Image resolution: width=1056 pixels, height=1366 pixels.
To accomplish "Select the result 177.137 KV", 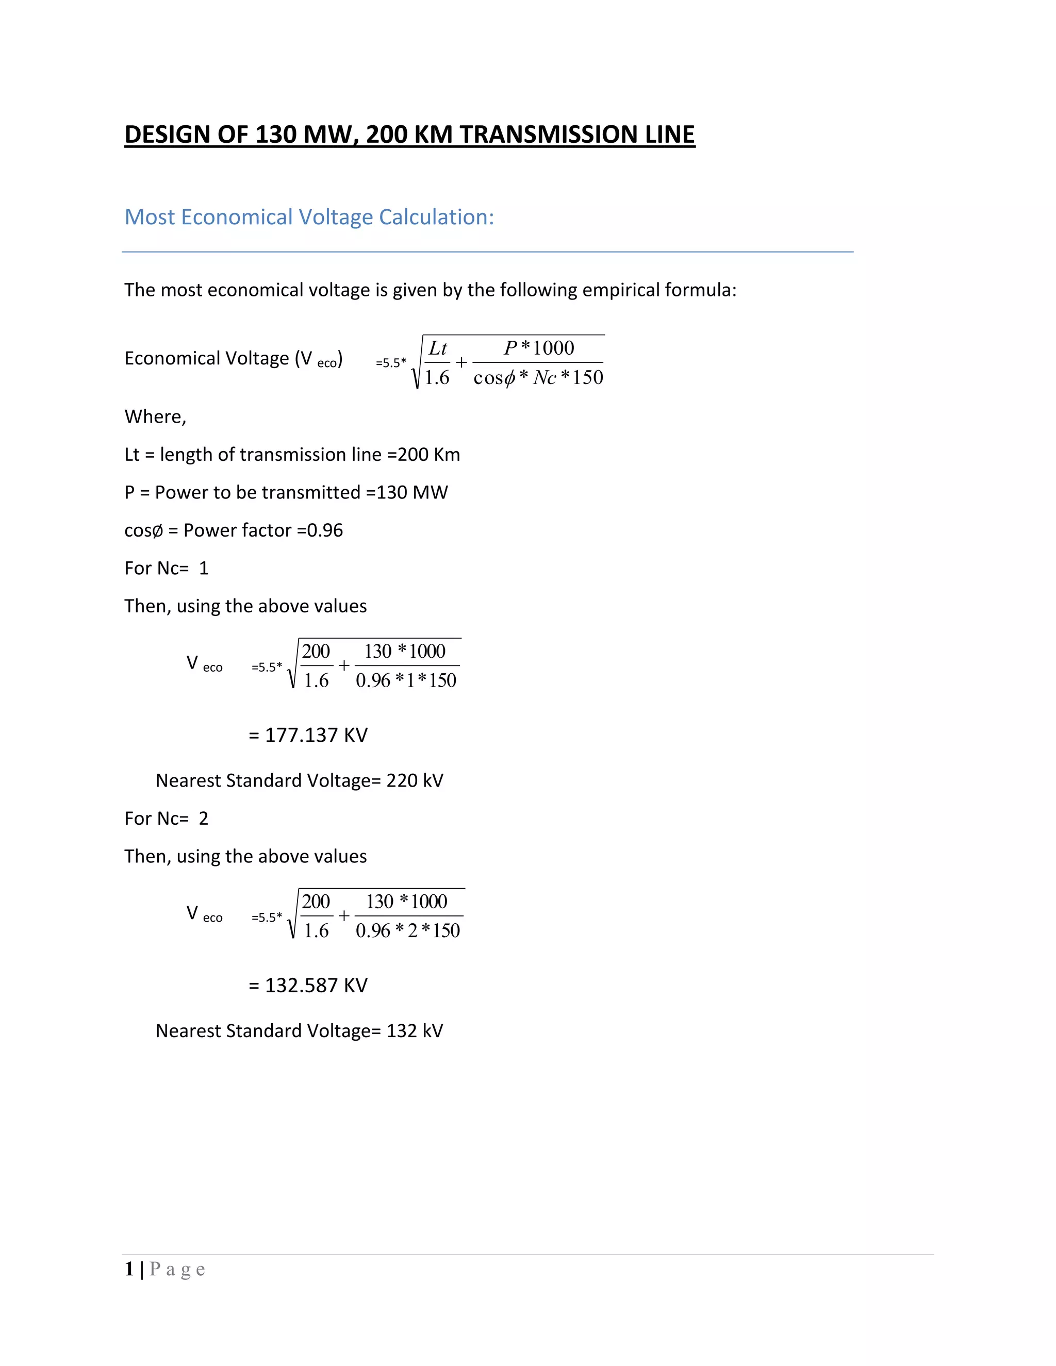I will [316, 735].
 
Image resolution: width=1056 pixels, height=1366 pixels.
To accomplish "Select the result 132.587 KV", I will [316, 985].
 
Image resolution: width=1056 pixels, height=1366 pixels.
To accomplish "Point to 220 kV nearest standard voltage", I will [415, 780].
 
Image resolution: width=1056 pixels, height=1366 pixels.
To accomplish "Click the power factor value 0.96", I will [325, 530].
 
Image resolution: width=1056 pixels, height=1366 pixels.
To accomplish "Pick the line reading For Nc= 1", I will [167, 569].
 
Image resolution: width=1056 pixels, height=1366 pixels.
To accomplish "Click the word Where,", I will [155, 417].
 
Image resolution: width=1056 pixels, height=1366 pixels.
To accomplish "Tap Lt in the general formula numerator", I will [438, 348].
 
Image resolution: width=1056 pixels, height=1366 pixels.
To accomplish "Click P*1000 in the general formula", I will [539, 348].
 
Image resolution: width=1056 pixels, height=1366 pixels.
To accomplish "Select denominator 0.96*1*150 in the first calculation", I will [406, 680].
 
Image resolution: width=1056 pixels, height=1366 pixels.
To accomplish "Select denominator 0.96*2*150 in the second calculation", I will [408, 930].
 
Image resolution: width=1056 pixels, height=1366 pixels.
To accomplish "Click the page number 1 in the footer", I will [129, 1269].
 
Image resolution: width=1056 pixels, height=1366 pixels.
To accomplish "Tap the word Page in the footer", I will [178, 1269].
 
